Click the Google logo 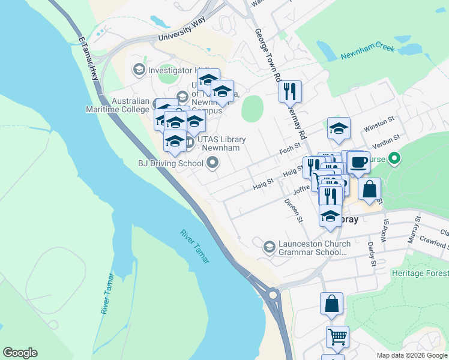(x=20, y=353)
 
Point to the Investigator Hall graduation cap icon (x=139, y=70)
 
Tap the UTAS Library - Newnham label (x=222, y=144)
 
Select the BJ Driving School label (x=170, y=163)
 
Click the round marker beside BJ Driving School (x=212, y=163)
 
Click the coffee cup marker (x=358, y=162)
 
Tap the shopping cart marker (x=337, y=337)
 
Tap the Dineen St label (x=294, y=210)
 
